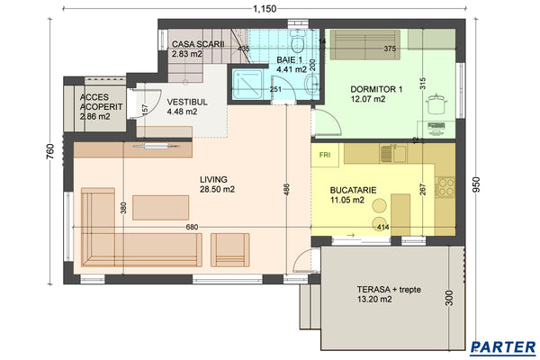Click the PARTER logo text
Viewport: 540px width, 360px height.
click(x=504, y=346)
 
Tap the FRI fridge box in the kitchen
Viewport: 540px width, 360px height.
click(x=324, y=154)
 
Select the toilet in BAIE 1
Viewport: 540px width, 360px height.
click(x=297, y=42)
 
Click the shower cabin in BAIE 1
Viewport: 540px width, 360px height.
click(x=244, y=85)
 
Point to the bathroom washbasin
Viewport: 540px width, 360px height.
click(x=309, y=85)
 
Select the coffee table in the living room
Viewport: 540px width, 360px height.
click(x=160, y=207)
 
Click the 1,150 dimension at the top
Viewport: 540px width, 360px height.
click(x=264, y=8)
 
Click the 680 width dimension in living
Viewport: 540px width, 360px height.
click(x=192, y=227)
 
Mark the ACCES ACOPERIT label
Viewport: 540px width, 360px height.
click(x=95, y=106)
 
